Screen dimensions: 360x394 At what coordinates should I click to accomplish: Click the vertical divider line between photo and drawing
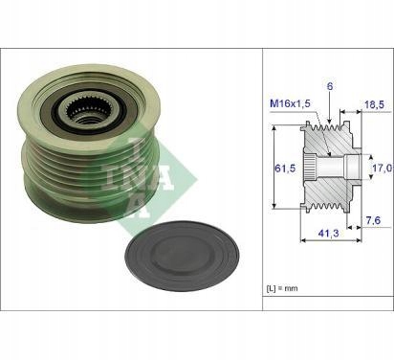pos(263,191)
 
